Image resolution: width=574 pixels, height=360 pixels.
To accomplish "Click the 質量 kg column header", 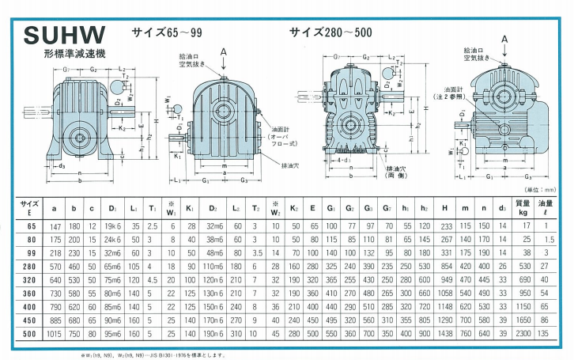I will click(522, 208).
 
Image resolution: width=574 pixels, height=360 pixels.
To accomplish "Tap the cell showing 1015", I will click(54, 335).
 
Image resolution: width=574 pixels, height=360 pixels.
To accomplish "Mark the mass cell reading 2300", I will click(522, 335).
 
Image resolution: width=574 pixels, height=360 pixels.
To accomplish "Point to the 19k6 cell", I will click(111, 225).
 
